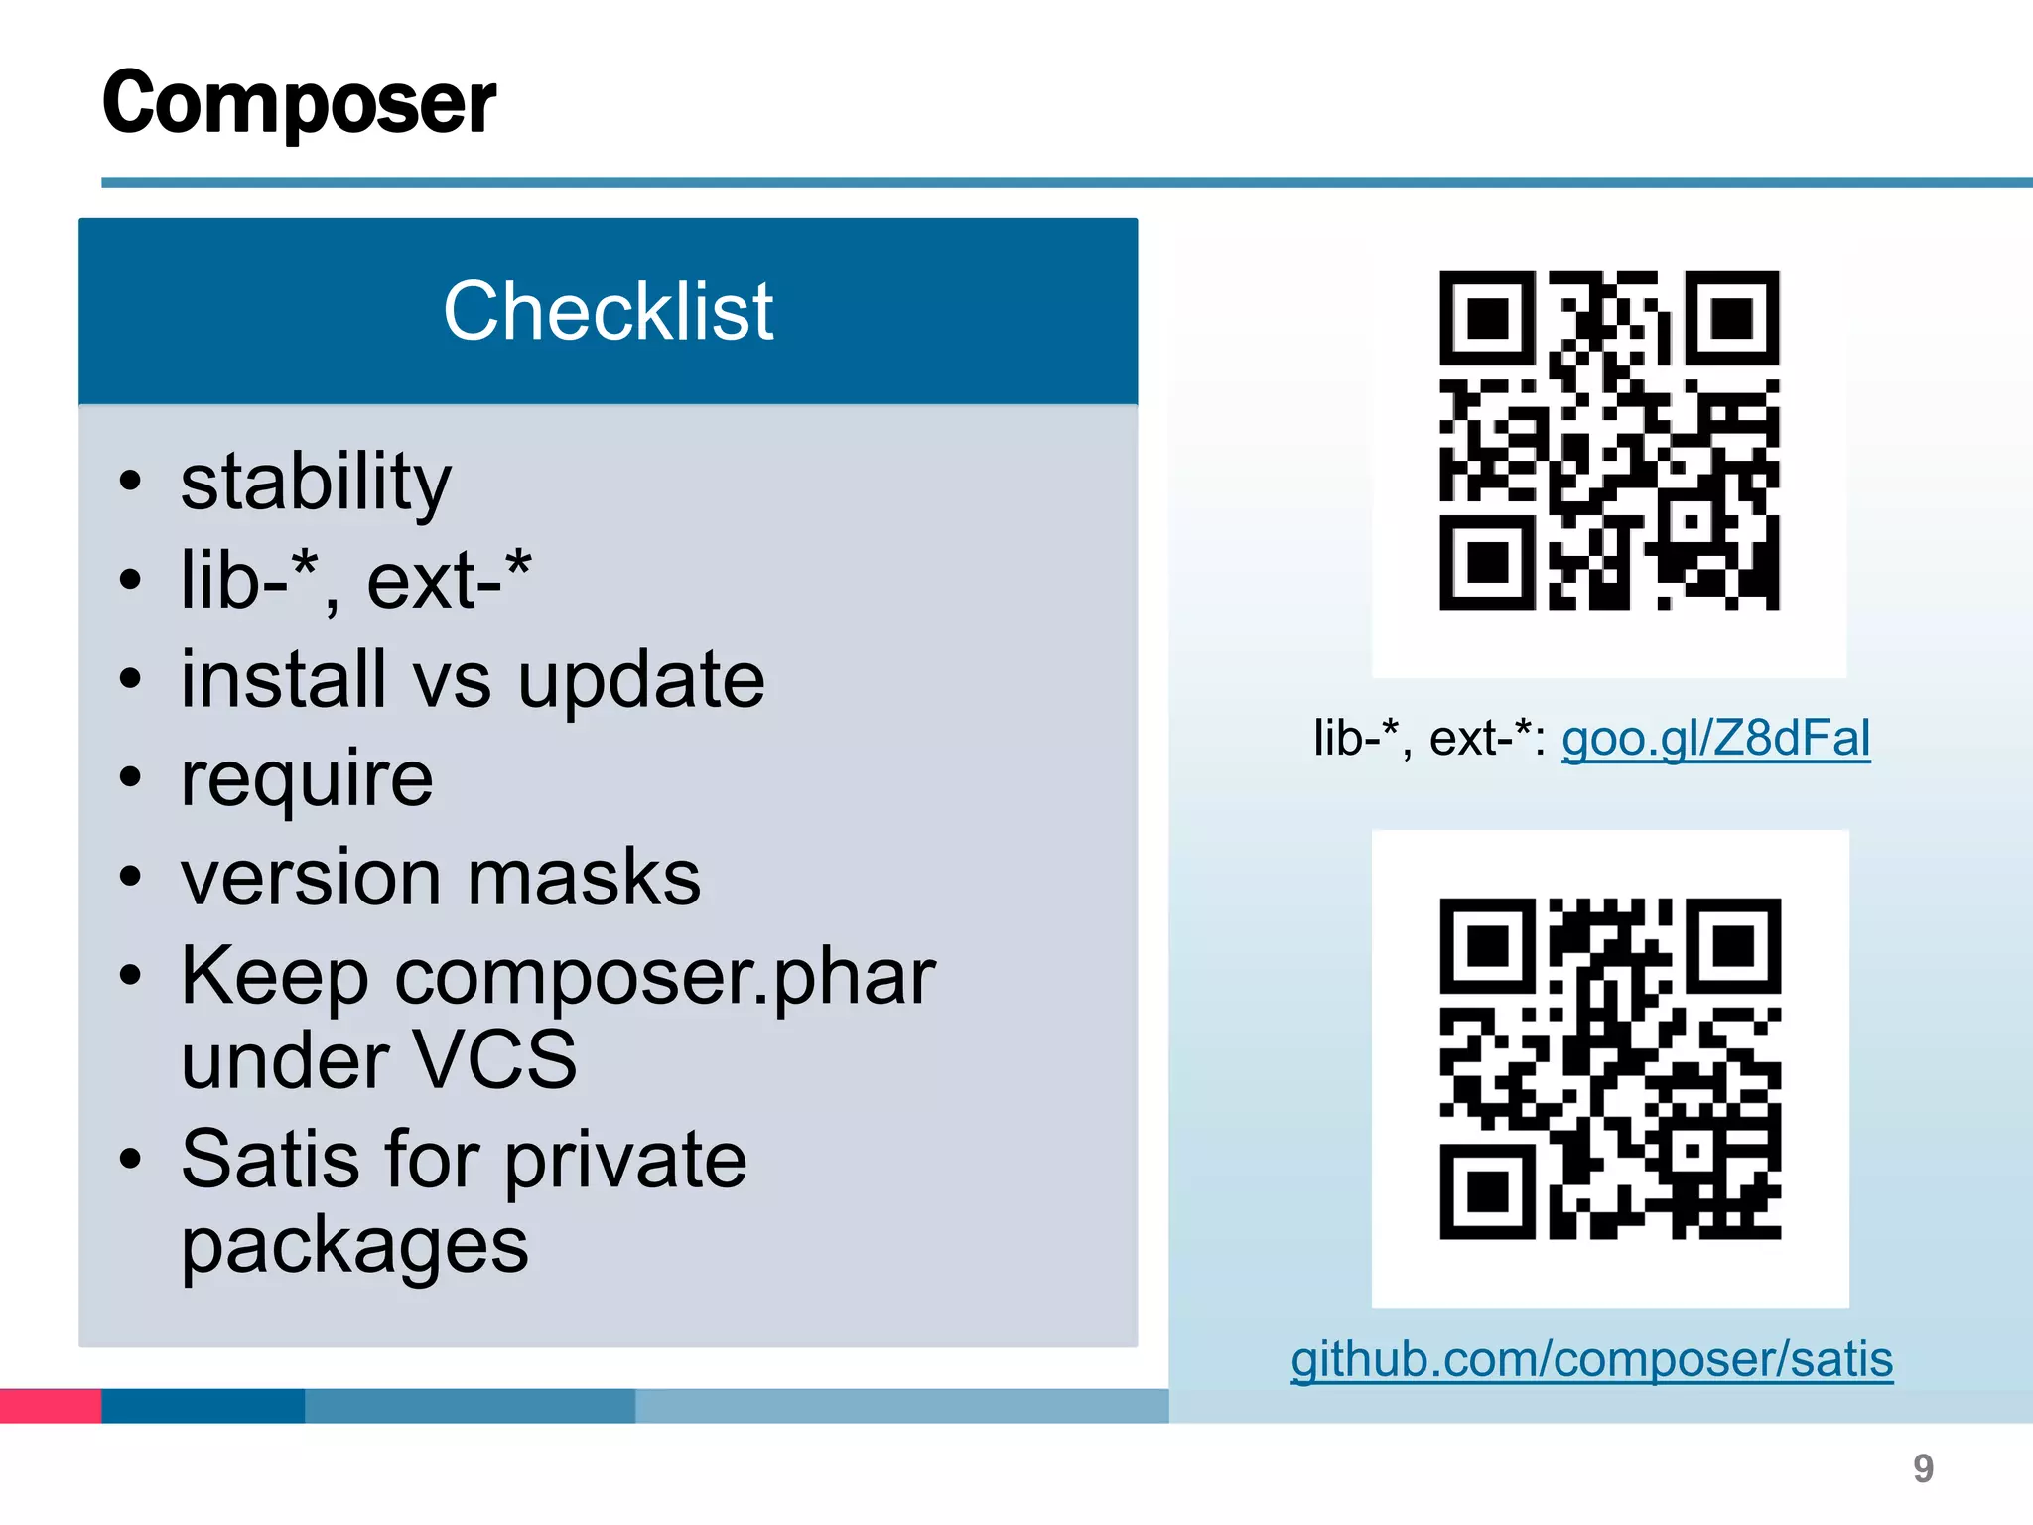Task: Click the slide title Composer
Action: [x=299, y=103]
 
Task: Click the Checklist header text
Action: [x=608, y=311]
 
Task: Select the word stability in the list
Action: [x=316, y=483]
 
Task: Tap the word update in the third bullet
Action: [x=641, y=681]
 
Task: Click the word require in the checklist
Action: [x=307, y=780]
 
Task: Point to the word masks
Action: [x=584, y=879]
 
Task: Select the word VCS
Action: [x=493, y=1060]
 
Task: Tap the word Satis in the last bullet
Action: [x=270, y=1160]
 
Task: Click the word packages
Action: [x=354, y=1246]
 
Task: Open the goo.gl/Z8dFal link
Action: [x=1715, y=739]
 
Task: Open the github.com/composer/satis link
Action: [x=1591, y=1359]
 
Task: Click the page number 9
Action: [x=1923, y=1468]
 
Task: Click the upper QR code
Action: [x=1609, y=440]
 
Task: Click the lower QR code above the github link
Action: [x=1610, y=1068]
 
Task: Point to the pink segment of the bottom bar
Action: [x=51, y=1406]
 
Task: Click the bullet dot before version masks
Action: [x=130, y=877]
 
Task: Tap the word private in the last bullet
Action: [x=625, y=1160]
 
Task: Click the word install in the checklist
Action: [x=283, y=681]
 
